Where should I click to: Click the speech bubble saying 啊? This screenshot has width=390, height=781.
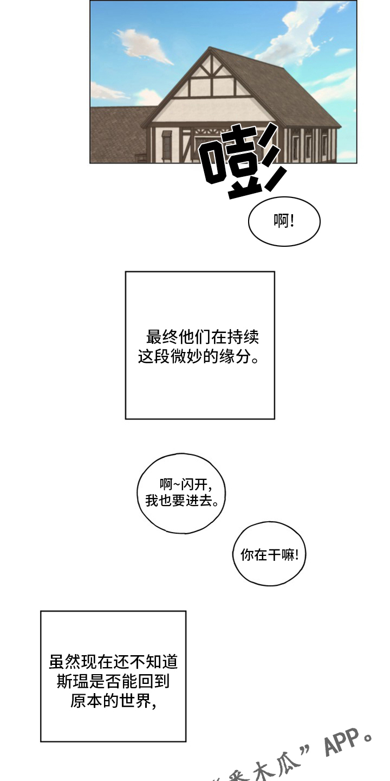point(284,221)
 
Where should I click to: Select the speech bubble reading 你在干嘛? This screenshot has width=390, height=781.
point(269,554)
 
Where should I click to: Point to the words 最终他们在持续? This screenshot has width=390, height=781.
point(203,337)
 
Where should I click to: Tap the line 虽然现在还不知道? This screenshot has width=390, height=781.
point(113,662)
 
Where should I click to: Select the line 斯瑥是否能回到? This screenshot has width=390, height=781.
point(113,681)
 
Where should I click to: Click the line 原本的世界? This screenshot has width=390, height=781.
point(113,701)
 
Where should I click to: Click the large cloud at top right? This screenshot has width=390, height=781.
point(303,33)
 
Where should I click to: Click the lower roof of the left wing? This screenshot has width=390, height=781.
point(116,130)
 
